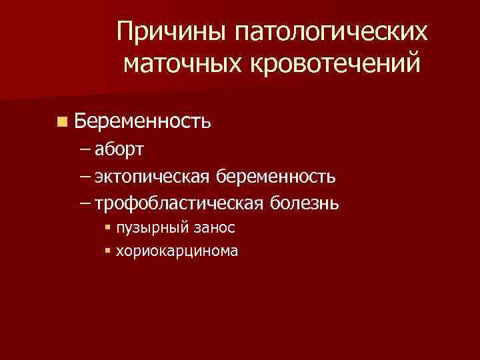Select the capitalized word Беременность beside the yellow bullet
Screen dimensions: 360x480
tap(143, 121)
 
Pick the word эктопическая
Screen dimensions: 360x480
tap(153, 177)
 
